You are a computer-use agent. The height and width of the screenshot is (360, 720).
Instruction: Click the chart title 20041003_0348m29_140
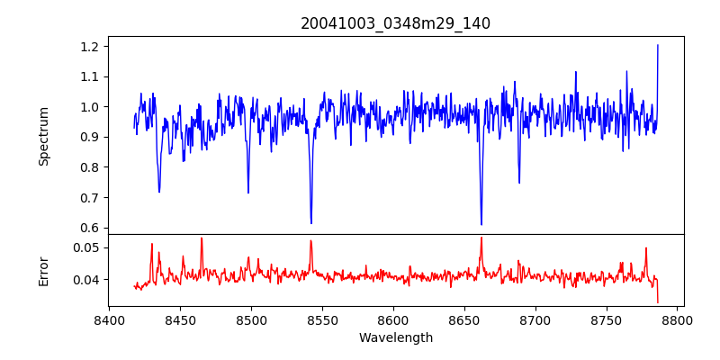395,23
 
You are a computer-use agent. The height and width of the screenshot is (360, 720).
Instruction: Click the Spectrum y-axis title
43,136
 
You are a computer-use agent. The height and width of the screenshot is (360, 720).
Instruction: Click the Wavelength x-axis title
395,338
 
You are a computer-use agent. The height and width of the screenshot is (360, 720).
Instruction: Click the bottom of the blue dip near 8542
311,223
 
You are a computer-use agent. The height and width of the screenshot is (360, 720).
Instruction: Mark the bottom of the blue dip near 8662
481,224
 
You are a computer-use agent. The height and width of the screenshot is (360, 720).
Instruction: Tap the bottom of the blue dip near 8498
248,193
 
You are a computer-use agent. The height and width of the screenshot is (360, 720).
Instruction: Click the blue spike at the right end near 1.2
658,45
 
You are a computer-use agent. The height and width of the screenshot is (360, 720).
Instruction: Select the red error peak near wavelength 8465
202,238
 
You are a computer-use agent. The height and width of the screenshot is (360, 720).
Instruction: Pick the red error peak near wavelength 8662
481,238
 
